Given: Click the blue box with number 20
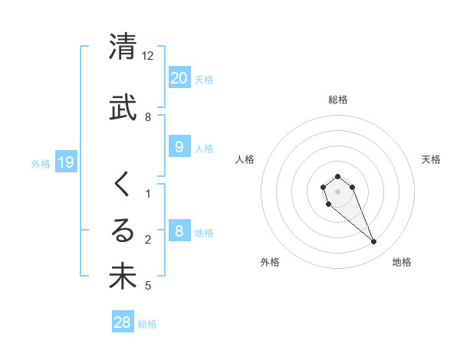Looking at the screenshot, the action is click(x=179, y=77).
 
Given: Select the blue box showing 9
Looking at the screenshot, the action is click(x=179, y=147).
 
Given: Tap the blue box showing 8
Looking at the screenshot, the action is click(x=179, y=231).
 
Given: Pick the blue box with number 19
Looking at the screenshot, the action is click(x=65, y=162).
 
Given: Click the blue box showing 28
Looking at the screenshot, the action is click(x=123, y=322).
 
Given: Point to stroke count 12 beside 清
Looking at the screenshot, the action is click(x=148, y=56).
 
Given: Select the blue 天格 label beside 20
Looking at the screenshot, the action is click(x=204, y=79).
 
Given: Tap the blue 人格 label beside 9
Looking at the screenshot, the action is click(x=204, y=149).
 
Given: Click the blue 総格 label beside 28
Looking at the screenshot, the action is click(x=148, y=324).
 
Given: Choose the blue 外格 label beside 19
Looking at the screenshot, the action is click(x=41, y=163).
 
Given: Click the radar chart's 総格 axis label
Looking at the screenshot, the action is click(x=338, y=100).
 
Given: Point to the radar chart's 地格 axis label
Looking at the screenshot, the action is click(x=402, y=263).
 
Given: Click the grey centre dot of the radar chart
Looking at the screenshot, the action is click(x=338, y=191).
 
